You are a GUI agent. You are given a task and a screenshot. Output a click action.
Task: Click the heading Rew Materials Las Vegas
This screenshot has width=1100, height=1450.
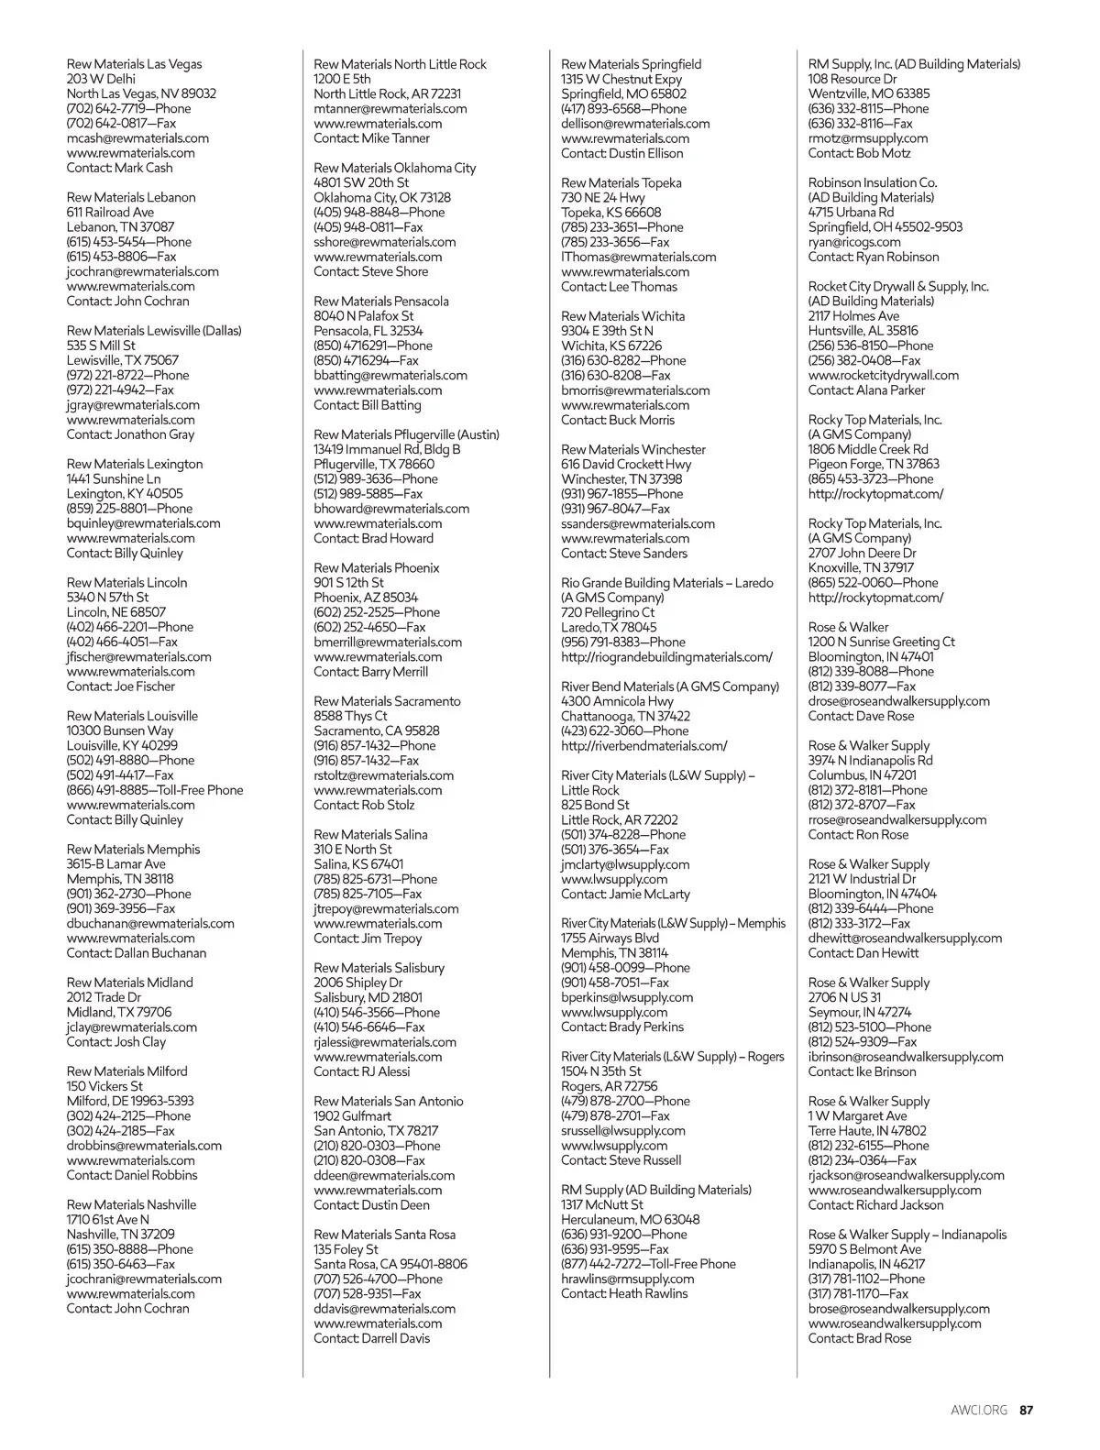[134, 64]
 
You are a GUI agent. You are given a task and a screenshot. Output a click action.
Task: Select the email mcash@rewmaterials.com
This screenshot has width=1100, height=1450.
[137, 138]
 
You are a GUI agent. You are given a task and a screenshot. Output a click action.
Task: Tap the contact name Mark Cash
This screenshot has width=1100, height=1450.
[119, 168]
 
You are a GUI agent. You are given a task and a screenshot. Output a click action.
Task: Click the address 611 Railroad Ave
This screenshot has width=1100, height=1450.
[110, 212]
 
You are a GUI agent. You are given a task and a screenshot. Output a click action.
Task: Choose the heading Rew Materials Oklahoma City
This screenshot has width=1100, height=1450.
[394, 168]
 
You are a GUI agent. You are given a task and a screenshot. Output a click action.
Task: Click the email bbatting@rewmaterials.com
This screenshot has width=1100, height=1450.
[390, 375]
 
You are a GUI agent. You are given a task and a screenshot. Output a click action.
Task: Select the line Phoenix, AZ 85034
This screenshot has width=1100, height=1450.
[366, 598]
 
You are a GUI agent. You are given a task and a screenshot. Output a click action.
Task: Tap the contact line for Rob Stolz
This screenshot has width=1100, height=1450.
[364, 805]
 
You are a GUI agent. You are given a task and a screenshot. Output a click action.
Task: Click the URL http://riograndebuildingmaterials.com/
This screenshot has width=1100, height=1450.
[666, 657]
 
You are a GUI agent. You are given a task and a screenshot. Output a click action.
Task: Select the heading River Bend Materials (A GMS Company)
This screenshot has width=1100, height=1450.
[669, 687]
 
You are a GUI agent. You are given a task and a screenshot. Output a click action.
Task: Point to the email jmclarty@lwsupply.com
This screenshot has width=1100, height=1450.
[625, 864]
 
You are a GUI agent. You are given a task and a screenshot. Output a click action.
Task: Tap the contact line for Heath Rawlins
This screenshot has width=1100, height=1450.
[623, 1293]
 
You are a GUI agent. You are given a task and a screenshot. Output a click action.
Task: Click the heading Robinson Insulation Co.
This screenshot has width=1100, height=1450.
[872, 182]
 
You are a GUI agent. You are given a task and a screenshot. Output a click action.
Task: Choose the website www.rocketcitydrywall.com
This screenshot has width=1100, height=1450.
[883, 375]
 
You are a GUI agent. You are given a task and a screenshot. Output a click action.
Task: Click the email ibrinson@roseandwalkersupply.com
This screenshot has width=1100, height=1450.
[905, 1057]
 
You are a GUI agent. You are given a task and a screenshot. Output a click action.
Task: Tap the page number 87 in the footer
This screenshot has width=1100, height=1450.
[1027, 1411]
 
